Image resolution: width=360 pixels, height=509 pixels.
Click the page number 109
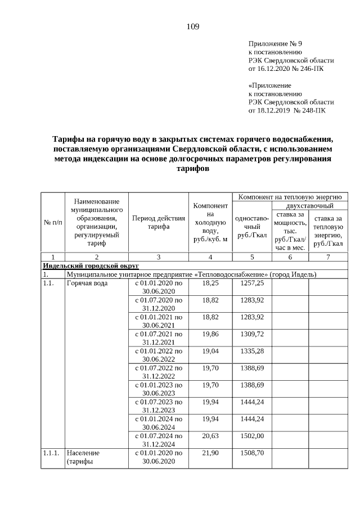point(192,26)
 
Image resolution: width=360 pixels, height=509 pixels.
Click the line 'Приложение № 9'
point(273,43)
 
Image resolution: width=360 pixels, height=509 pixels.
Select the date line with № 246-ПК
point(286,69)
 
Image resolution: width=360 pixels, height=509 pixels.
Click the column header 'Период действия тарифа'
point(158,223)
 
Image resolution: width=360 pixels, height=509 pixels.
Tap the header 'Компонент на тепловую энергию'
point(290,197)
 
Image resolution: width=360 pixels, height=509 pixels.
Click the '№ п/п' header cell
point(53,223)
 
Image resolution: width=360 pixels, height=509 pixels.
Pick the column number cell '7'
point(328,256)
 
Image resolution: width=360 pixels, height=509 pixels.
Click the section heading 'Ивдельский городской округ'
point(91,265)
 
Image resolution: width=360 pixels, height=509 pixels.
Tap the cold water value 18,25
point(210,283)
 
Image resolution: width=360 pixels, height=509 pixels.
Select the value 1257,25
point(252,283)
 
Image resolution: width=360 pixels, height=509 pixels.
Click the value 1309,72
point(252,334)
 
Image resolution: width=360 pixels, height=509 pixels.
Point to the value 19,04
point(210,350)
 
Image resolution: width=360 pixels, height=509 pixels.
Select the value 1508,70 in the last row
point(252,452)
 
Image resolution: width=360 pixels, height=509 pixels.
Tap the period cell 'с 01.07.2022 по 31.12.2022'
point(158,372)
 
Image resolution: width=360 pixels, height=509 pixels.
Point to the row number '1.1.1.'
point(51,452)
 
